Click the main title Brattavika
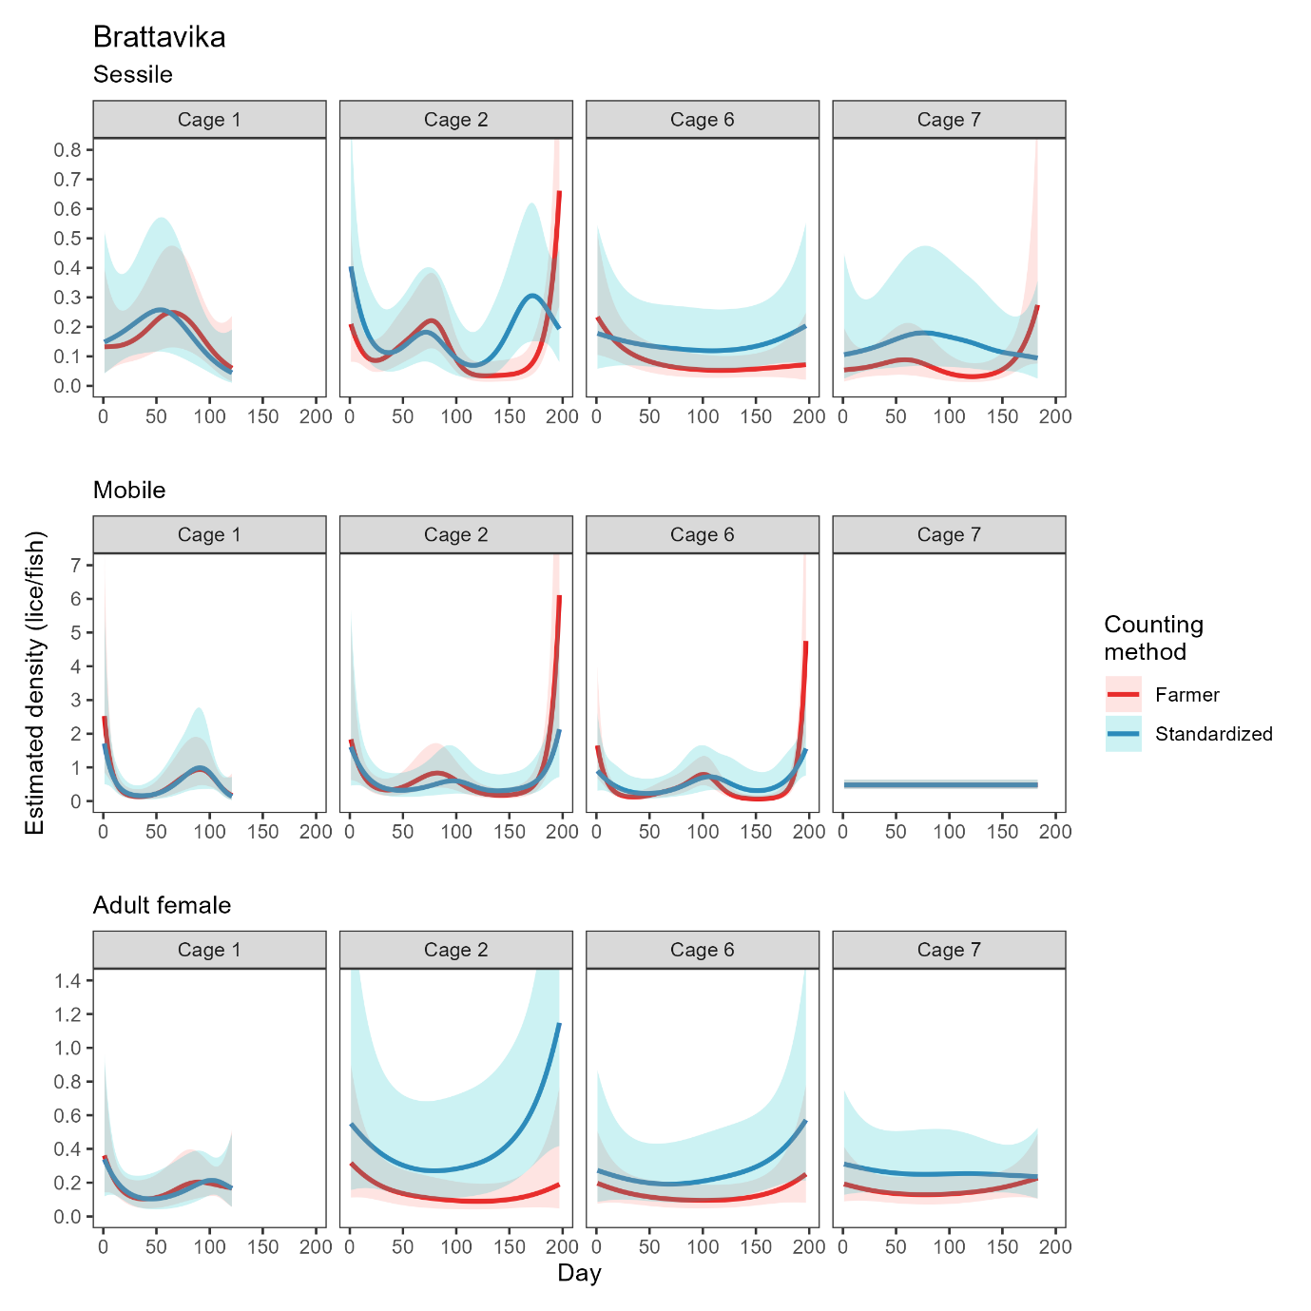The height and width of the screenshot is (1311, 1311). [x=159, y=37]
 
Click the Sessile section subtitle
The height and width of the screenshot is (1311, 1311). [x=132, y=74]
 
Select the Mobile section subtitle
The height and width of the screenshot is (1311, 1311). [x=128, y=490]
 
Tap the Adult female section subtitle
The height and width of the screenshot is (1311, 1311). [x=162, y=905]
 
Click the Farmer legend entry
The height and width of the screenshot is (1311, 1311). [x=1186, y=695]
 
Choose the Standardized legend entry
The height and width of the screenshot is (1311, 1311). [x=1212, y=734]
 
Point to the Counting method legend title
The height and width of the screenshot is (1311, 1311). [x=1153, y=638]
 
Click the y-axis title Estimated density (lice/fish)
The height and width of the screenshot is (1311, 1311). [x=35, y=683]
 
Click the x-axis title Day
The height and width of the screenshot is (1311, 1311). [x=579, y=1273]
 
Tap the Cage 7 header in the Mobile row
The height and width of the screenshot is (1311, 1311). [x=949, y=534]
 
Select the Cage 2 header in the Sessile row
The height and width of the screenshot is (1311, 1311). [x=455, y=120]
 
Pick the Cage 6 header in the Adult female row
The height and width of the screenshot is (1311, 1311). [x=702, y=950]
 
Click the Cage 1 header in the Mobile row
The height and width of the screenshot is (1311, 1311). [x=209, y=534]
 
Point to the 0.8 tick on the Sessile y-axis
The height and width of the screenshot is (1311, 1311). [x=67, y=150]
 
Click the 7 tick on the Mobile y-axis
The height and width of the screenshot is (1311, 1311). [x=76, y=566]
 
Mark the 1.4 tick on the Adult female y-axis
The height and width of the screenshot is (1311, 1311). [x=67, y=980]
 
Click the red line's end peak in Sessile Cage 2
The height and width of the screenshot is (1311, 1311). [x=559, y=193]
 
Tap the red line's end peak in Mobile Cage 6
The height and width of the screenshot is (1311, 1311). [x=806, y=643]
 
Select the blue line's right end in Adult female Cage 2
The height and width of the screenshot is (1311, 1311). [x=559, y=1025]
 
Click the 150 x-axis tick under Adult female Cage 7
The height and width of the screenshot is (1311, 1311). [x=1002, y=1246]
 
